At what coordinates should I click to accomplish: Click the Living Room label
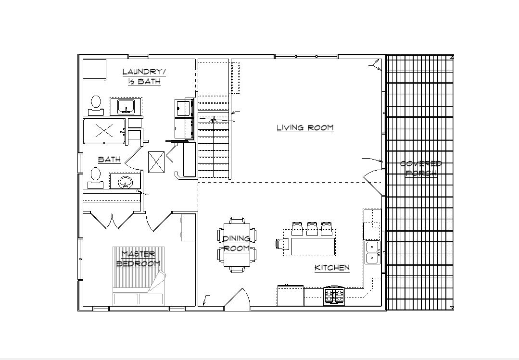[305, 128]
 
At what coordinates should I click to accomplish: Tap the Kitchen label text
[332, 268]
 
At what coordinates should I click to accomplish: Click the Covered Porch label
[421, 168]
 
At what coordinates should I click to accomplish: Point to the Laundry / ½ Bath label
[144, 76]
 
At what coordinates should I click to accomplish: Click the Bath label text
[109, 160]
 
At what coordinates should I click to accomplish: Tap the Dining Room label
[236, 243]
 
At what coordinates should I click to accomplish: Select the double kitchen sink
[373, 252]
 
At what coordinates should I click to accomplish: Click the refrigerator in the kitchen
[290, 296]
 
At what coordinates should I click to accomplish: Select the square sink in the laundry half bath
[126, 106]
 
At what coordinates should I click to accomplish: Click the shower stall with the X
[104, 131]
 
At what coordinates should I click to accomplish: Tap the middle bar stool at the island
[312, 229]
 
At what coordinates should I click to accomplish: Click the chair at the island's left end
[280, 243]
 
